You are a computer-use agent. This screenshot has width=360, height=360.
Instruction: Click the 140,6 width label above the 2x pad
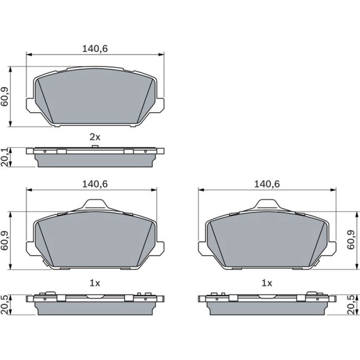click(95, 49)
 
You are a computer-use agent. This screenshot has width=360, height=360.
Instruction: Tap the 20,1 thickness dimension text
click(5, 157)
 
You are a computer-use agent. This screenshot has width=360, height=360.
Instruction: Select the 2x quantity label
click(95, 137)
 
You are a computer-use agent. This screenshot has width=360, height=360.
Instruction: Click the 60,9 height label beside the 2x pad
click(5, 96)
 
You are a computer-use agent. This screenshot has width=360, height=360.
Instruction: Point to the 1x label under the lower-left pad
click(95, 283)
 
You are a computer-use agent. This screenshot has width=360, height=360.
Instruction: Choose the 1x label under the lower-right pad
click(267, 283)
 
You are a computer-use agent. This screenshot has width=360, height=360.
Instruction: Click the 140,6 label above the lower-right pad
click(267, 184)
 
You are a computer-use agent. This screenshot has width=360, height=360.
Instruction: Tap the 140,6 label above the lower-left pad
click(95, 184)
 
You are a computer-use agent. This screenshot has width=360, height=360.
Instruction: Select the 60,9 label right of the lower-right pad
click(351, 240)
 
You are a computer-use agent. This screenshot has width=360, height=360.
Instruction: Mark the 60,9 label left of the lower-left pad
click(5, 240)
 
